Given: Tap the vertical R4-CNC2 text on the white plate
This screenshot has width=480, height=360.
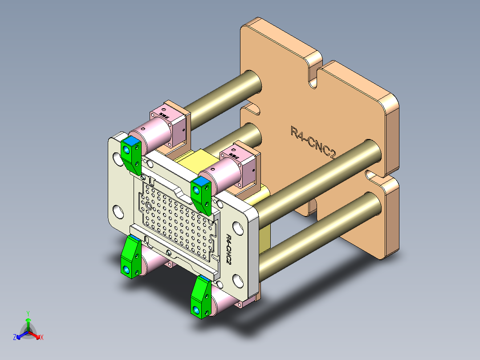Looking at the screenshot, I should [x=229, y=249].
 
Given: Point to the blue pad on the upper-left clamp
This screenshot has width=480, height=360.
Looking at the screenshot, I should [x=130, y=141].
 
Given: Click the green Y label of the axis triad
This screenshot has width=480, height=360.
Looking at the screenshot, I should [x=28, y=313].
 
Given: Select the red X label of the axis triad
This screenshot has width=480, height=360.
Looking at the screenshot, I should [x=42, y=338].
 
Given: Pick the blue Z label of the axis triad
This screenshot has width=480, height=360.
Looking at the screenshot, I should [x=14, y=338].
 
